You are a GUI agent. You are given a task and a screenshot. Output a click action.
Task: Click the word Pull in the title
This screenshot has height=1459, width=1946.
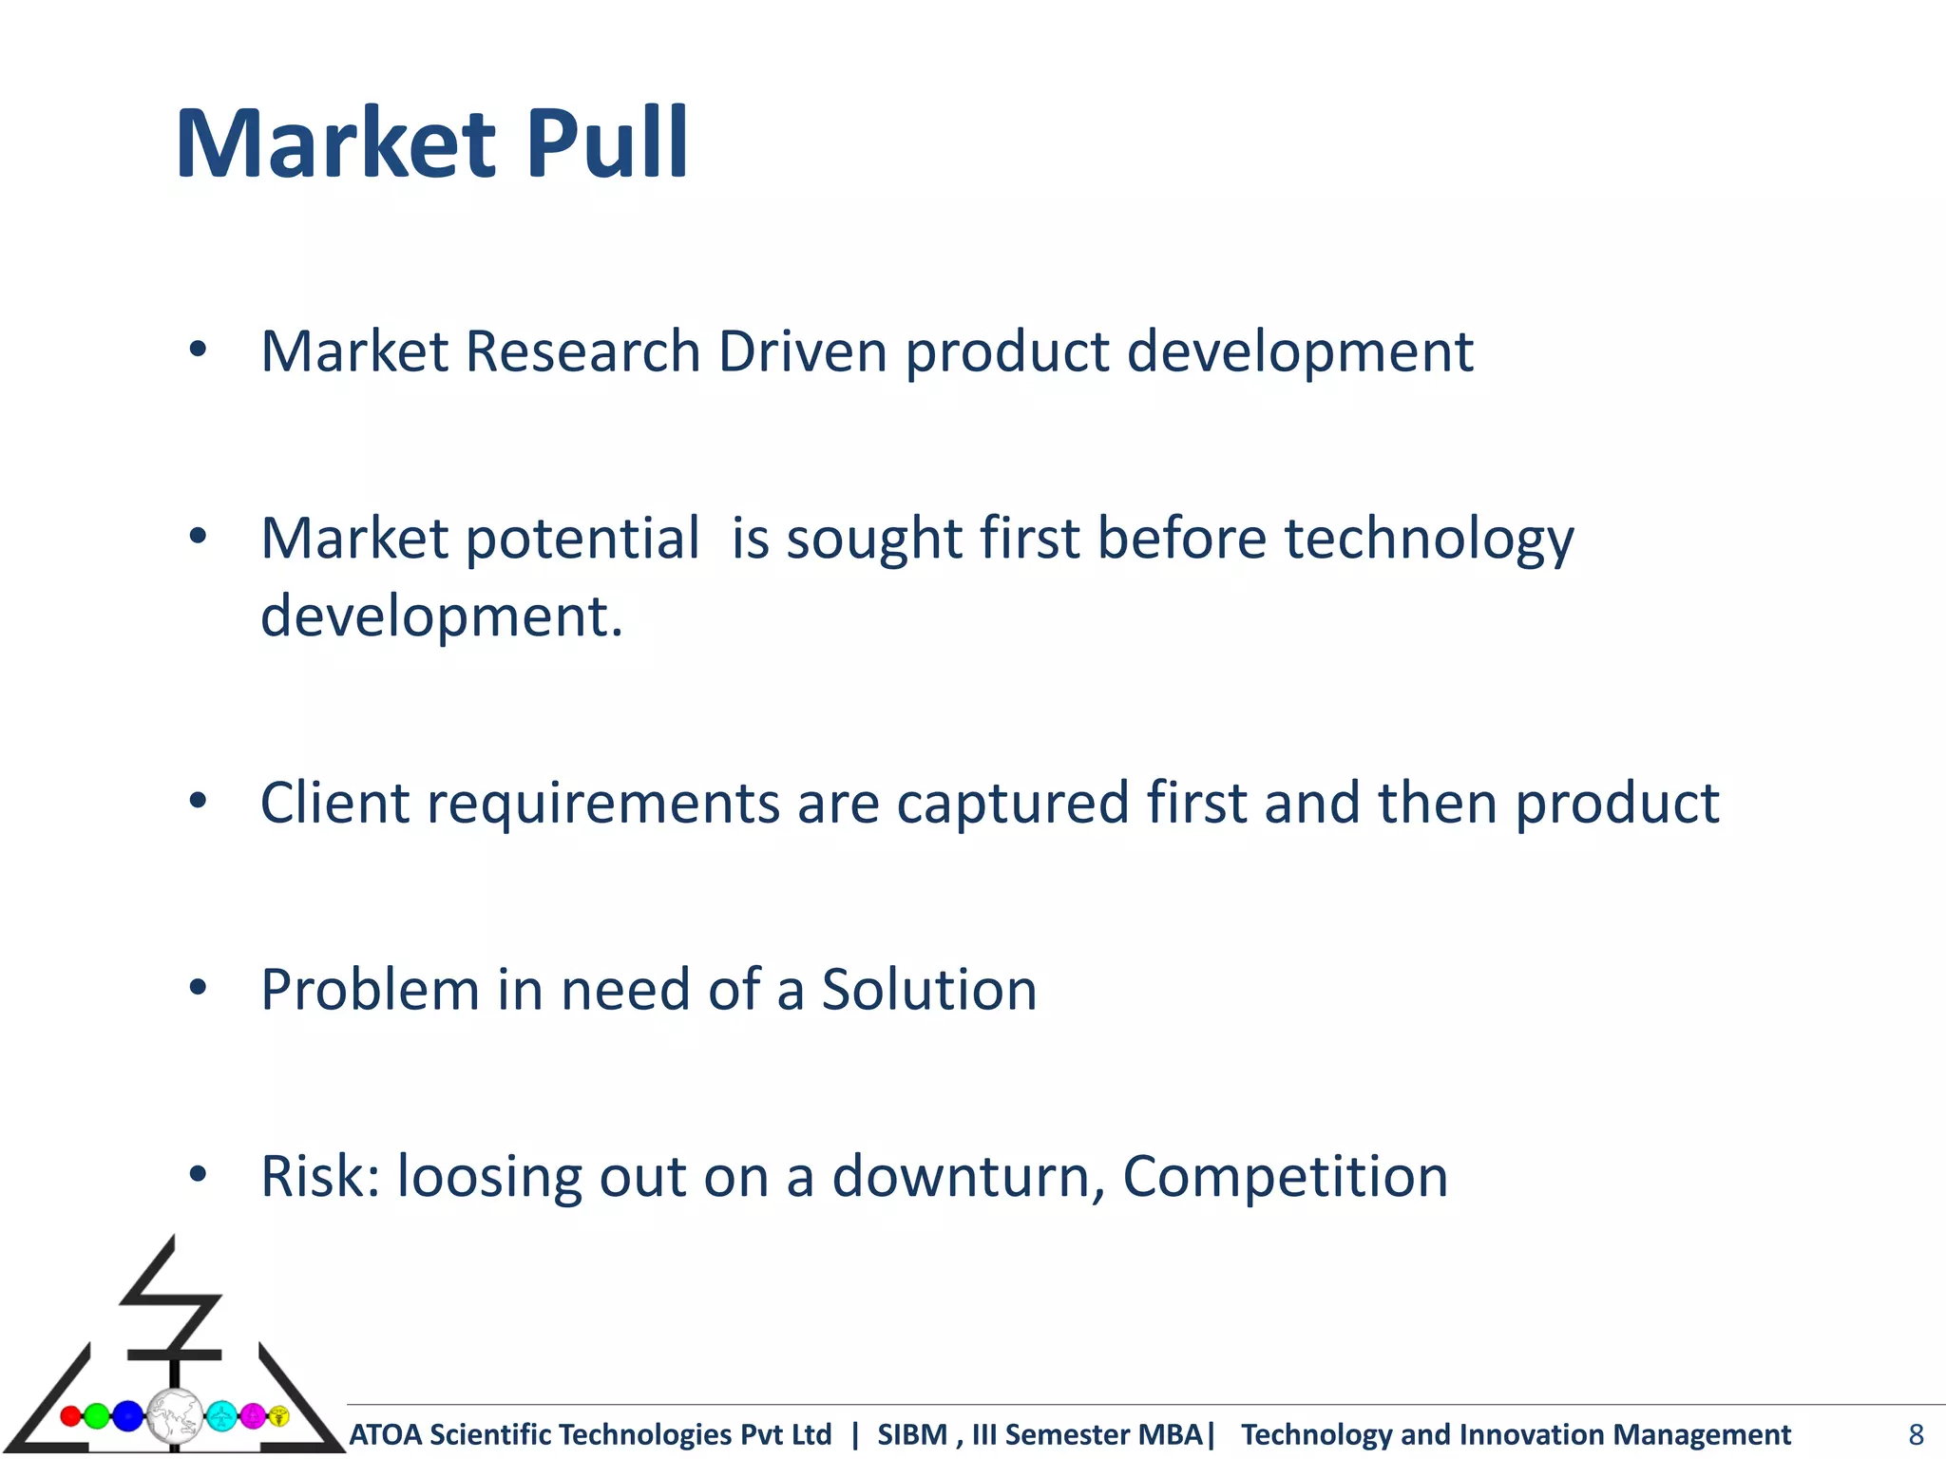pyautogui.click(x=606, y=144)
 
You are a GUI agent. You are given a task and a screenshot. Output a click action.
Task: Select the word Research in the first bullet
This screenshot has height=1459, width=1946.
pyautogui.click(x=582, y=352)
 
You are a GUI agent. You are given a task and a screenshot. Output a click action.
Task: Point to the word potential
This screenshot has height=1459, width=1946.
pyautogui.click(x=582, y=540)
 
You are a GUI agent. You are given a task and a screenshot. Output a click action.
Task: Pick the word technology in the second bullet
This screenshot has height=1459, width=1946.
pyautogui.click(x=1428, y=540)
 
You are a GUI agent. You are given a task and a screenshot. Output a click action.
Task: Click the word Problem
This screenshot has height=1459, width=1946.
pyautogui.click(x=370, y=990)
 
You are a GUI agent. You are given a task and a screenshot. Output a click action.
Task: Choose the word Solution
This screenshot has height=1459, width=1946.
pyautogui.click(x=928, y=990)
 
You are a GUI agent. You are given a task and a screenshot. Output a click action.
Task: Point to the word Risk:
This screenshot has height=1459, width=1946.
pyautogui.click(x=320, y=1177)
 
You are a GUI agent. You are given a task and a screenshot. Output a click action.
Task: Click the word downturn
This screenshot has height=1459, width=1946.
pyautogui.click(x=967, y=1177)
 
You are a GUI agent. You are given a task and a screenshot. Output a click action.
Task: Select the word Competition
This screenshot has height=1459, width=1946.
pyautogui.click(x=1285, y=1177)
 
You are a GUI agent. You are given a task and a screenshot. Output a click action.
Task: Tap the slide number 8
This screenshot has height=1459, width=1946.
pyautogui.click(x=1916, y=1434)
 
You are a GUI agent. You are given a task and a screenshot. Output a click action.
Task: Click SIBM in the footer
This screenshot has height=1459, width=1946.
pyautogui.click(x=911, y=1434)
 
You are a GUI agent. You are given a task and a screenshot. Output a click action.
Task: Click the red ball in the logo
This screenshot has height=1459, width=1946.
pyautogui.click(x=70, y=1416)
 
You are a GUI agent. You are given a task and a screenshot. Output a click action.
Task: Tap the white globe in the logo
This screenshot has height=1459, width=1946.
pyautogui.click(x=175, y=1416)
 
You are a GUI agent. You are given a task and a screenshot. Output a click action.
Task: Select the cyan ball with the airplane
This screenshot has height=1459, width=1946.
pyautogui.click(x=221, y=1416)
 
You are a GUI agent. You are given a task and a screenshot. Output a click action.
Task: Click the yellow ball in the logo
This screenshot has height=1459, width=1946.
pyautogui.click(x=279, y=1416)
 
